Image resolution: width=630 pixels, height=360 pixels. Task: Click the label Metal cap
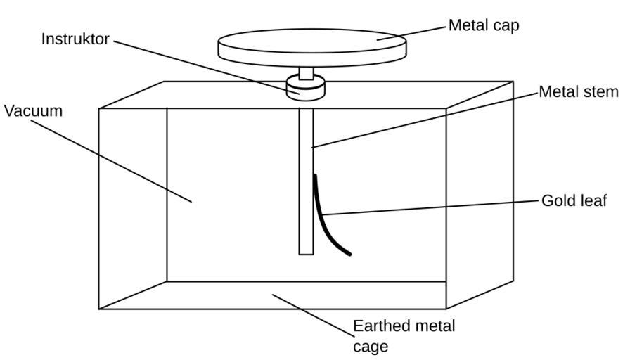click(484, 26)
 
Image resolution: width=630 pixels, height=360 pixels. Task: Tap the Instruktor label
click(75, 39)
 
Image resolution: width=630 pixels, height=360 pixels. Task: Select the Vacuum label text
click(33, 111)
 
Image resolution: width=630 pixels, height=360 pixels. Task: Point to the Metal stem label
click(578, 92)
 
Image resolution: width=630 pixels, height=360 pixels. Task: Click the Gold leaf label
click(574, 201)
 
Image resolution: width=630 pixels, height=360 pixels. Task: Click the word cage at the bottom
click(370, 347)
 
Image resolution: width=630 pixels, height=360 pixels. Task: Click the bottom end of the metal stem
click(306, 251)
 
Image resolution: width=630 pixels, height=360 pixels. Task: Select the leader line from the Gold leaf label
click(429, 207)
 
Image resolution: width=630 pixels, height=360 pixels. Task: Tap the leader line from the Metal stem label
click(422, 120)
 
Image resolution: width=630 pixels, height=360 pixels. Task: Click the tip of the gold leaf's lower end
click(349, 253)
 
